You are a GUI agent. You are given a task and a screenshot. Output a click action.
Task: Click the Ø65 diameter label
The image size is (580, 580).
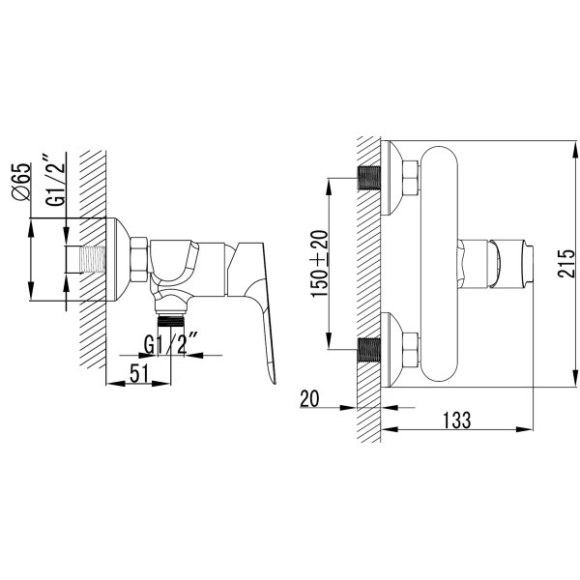20,182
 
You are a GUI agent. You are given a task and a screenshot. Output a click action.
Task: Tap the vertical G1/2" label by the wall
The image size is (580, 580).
55,180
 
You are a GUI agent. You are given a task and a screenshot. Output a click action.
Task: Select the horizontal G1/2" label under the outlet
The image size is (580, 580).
170,344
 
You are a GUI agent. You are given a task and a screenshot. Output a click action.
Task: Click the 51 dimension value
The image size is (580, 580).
139,373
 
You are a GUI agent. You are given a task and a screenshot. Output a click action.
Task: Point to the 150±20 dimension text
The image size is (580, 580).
319,263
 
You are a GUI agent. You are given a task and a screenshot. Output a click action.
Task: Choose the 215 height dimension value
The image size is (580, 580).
566,263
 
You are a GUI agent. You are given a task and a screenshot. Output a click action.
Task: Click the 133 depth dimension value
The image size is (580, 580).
457,420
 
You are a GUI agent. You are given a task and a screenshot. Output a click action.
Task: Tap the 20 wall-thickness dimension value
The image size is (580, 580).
309,398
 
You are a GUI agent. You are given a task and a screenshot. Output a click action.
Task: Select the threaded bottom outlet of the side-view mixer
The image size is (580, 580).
171,320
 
